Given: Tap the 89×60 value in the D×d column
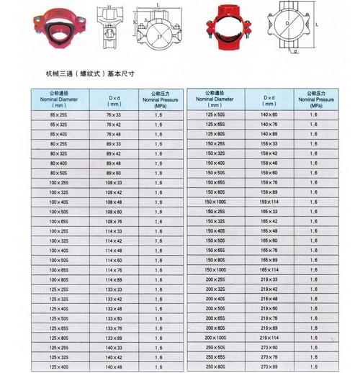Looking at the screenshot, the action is click(114, 174).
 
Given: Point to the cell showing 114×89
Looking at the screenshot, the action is click(114, 279).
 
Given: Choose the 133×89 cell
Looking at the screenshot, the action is click(114, 338).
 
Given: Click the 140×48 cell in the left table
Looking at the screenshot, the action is click(114, 367).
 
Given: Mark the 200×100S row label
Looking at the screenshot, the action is click(215, 338).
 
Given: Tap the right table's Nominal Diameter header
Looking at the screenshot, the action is click(215, 99).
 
